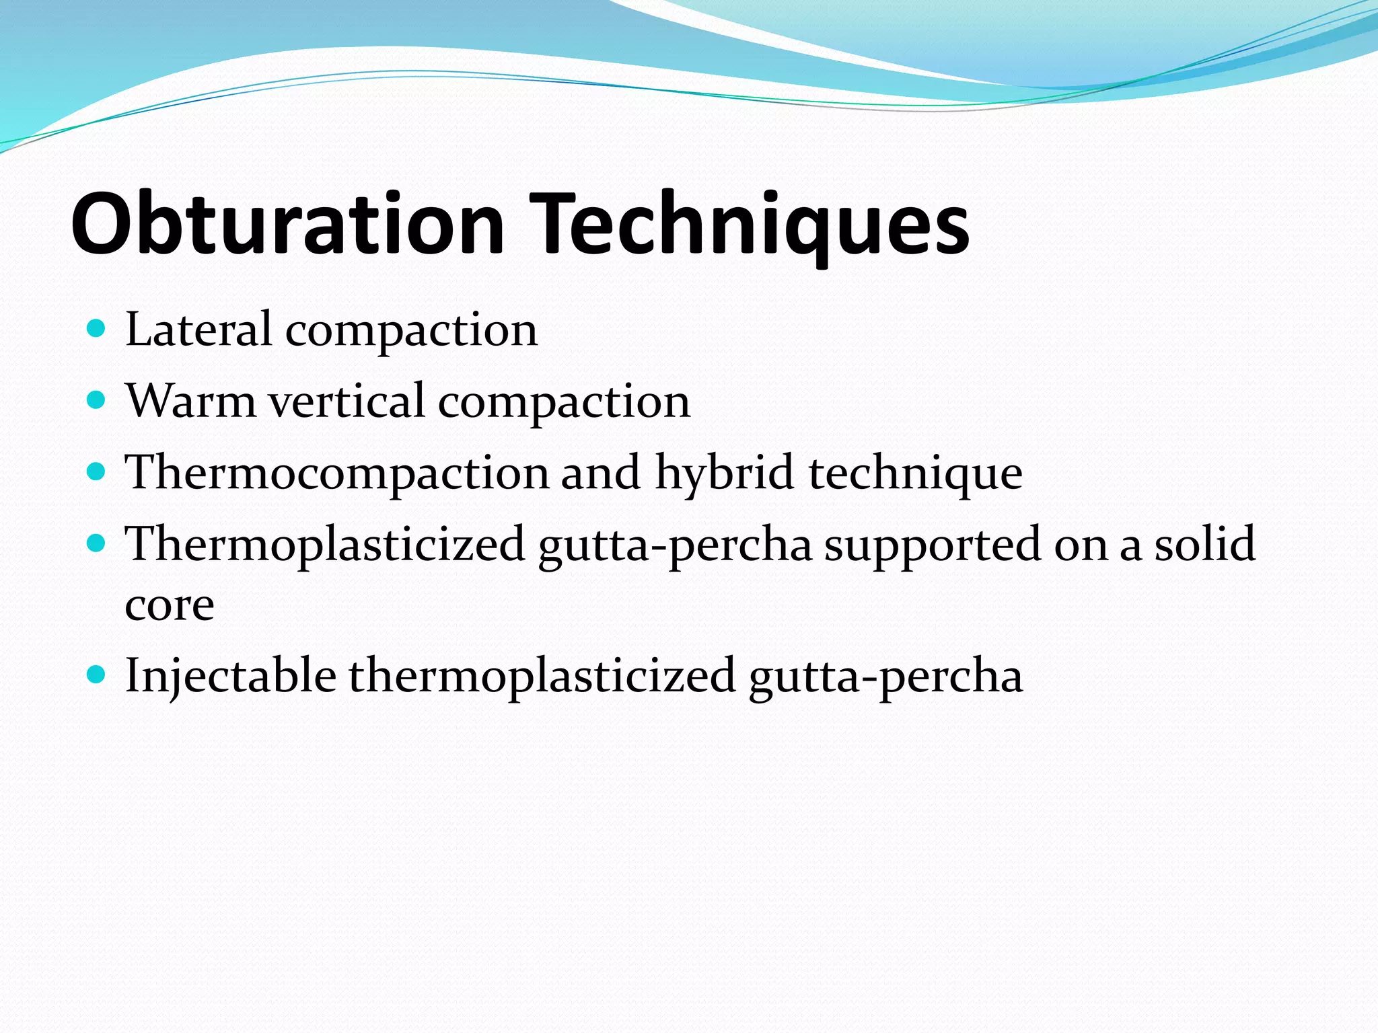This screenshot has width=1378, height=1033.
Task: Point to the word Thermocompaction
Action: point(337,472)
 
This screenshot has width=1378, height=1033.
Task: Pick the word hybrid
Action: point(725,472)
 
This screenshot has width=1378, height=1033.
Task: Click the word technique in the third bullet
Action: point(916,472)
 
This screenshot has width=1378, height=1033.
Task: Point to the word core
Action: point(170,605)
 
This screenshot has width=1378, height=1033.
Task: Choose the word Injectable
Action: point(231,675)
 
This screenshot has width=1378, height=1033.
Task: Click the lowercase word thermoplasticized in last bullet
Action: point(542,675)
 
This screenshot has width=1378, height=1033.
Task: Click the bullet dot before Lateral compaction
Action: point(97,329)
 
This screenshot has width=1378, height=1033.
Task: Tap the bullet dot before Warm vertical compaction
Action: point(97,400)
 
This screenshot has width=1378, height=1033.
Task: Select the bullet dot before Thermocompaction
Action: point(97,471)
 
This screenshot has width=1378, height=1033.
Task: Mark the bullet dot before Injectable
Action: point(97,675)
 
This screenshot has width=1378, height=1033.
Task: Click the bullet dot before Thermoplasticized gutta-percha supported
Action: point(97,543)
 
